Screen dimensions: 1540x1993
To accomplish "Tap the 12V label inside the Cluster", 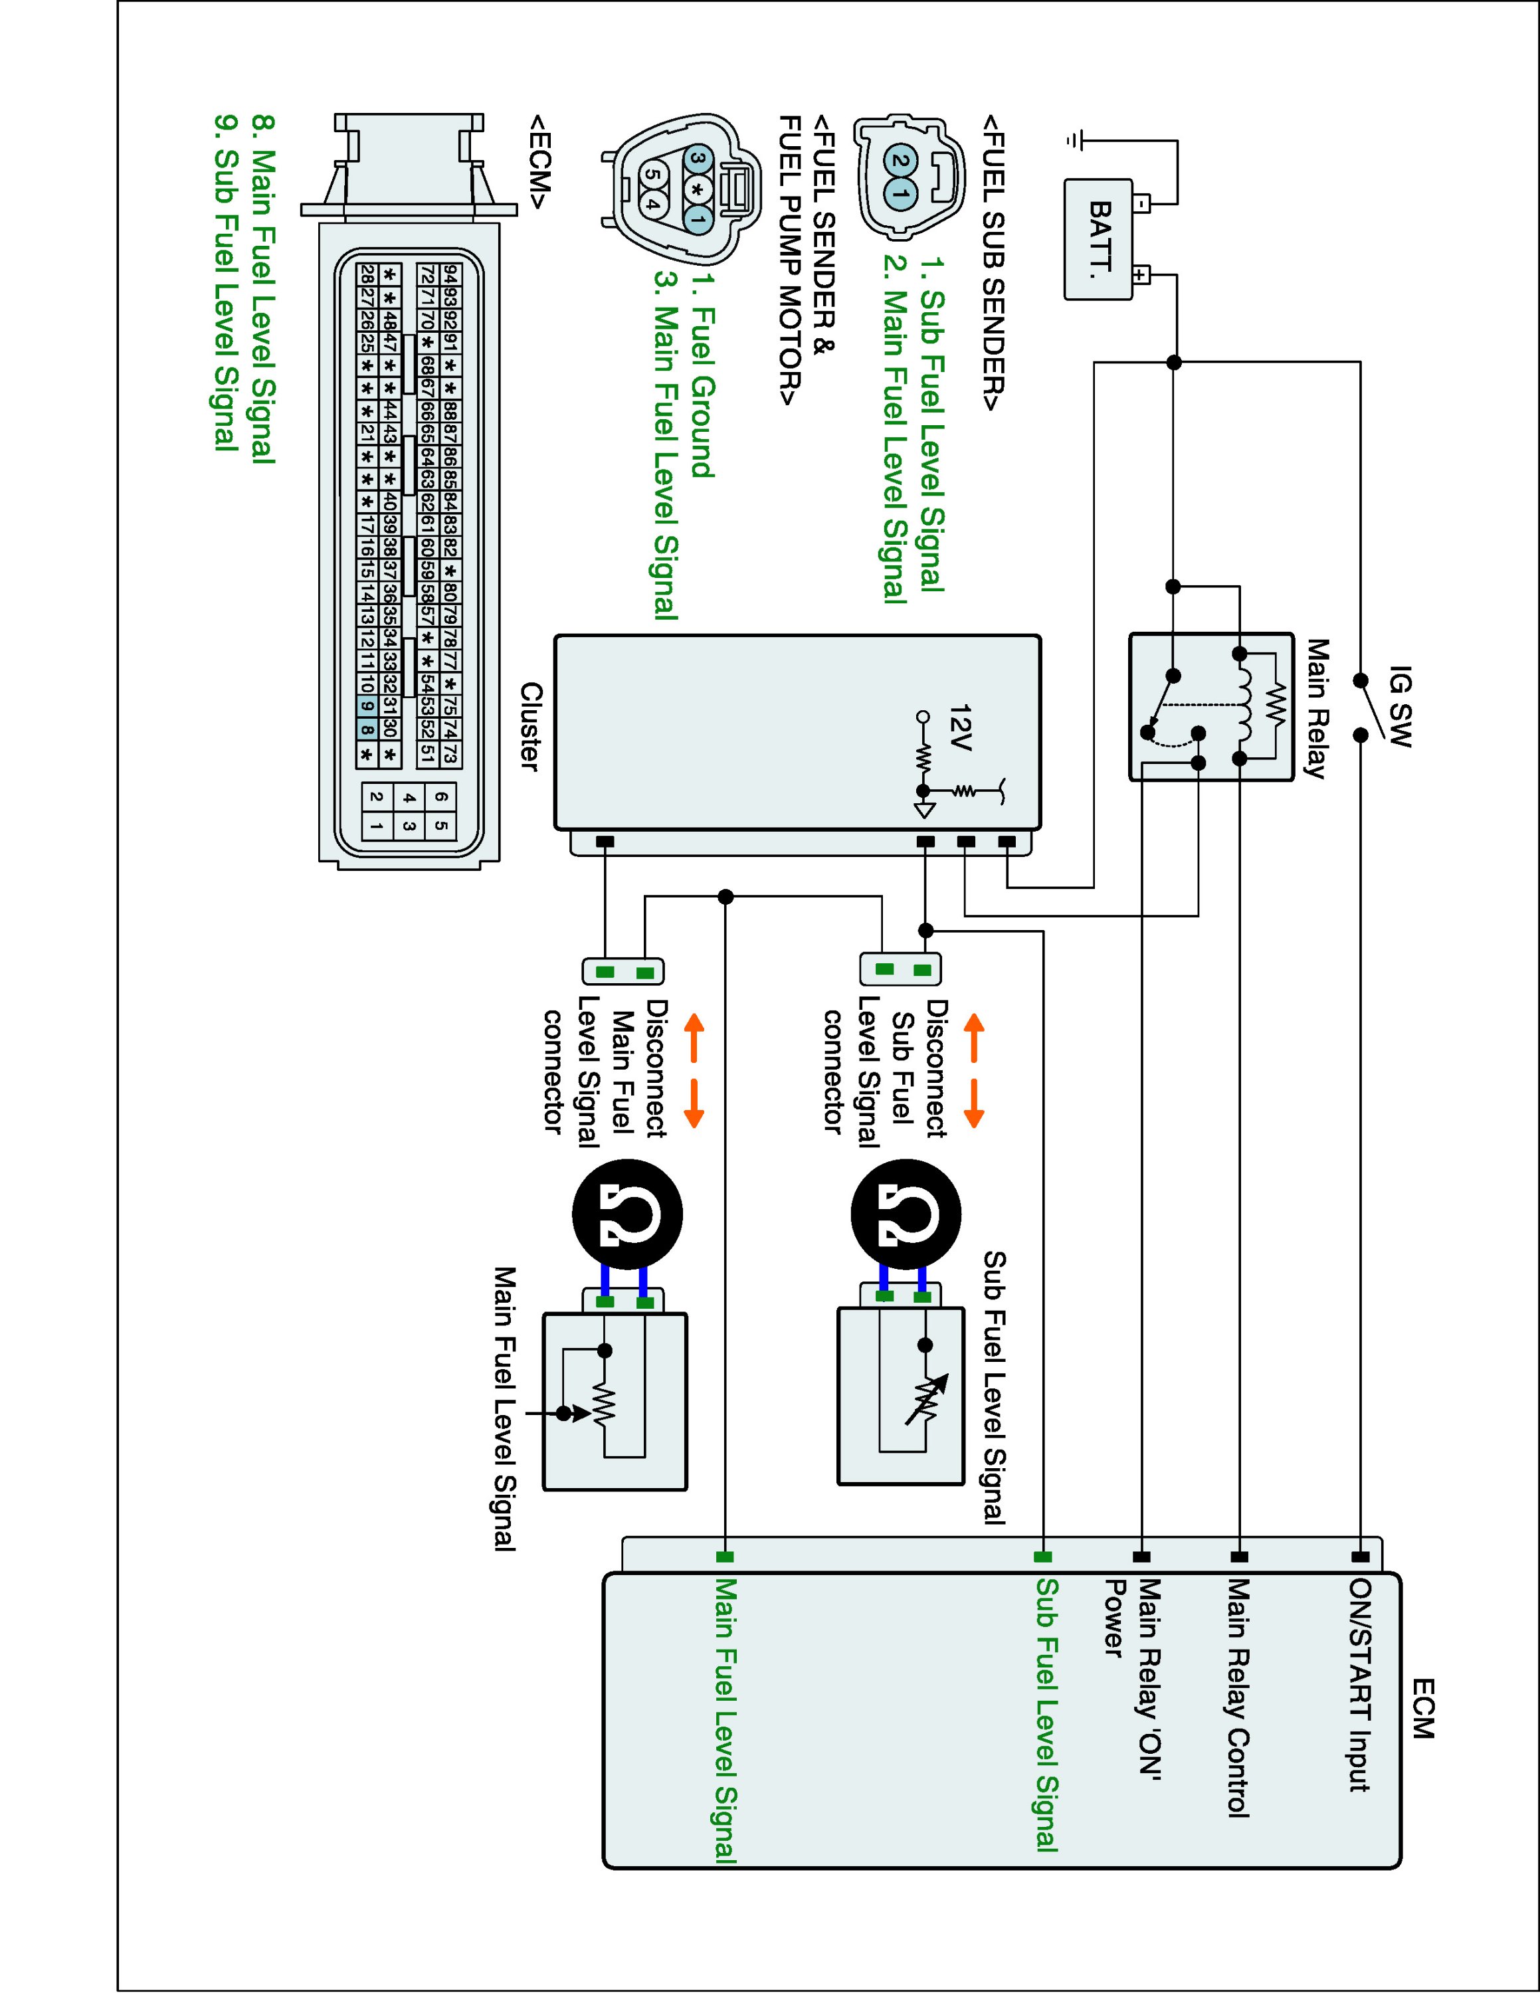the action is (x=961, y=727).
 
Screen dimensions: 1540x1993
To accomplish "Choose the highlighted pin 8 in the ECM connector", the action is (x=366, y=729).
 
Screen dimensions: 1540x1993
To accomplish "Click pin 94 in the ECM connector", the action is (x=450, y=274).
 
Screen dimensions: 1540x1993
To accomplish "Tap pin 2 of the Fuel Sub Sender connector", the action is (x=900, y=161).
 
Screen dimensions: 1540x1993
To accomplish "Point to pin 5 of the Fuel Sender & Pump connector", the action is (x=652, y=173).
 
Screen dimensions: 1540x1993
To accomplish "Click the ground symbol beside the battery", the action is (x=1076, y=141).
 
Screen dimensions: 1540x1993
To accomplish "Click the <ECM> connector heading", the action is (x=538, y=161).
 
